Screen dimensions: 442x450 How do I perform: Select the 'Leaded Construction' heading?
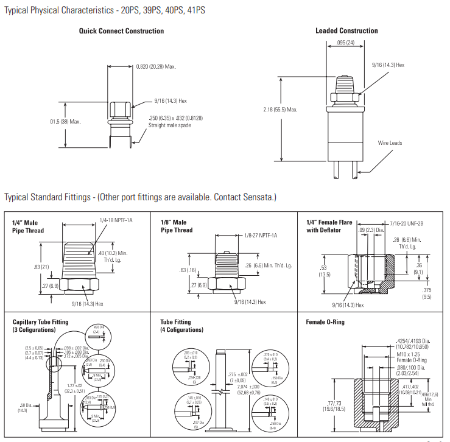coord(346,30)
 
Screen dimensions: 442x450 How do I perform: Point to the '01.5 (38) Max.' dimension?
coord(65,121)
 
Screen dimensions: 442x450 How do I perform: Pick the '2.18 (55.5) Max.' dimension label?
coord(279,110)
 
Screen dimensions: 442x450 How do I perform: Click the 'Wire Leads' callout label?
coord(390,143)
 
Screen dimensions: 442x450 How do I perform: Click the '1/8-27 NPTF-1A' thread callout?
coord(261,235)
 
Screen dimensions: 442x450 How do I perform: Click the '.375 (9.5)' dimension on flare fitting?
coord(426,293)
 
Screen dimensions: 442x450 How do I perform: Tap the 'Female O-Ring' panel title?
coord(325,322)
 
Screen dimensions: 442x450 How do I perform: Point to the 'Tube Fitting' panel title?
coord(175,322)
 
